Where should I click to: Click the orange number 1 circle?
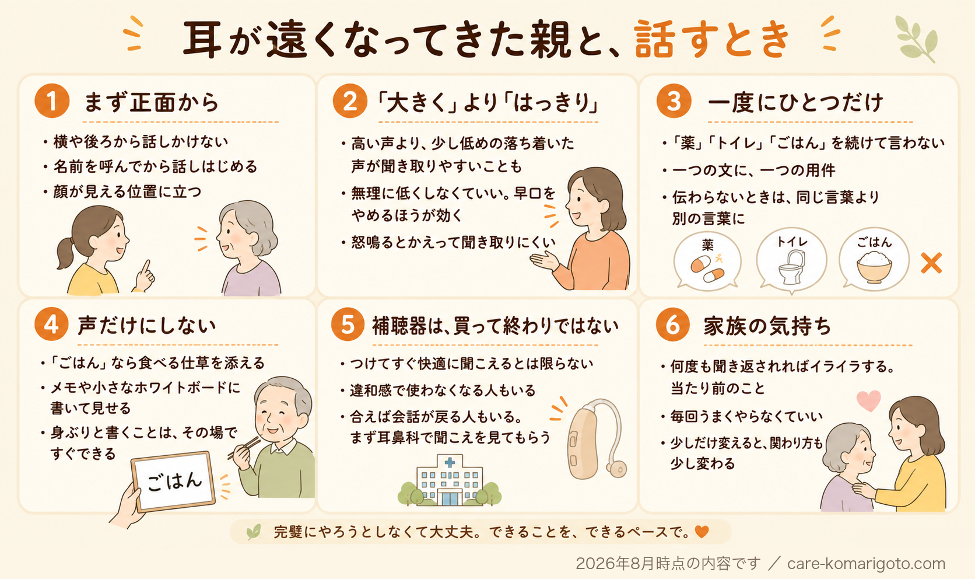pyautogui.click(x=52, y=100)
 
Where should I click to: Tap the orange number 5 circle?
pyautogui.click(x=348, y=325)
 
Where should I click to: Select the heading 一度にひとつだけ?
pyautogui.click(x=795, y=102)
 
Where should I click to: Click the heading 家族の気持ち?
pyautogui.click(x=767, y=326)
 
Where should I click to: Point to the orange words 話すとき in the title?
pyautogui.click(x=711, y=39)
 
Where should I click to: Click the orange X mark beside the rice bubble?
pyautogui.click(x=931, y=263)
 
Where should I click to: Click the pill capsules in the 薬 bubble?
pyautogui.click(x=707, y=268)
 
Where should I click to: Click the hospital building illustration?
pyautogui.click(x=450, y=480)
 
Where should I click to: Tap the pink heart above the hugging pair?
pyautogui.click(x=868, y=400)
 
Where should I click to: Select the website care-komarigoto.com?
pyautogui.click(x=866, y=564)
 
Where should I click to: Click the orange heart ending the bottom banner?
pyautogui.click(x=702, y=532)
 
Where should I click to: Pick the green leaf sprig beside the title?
pyautogui.click(x=916, y=39)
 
